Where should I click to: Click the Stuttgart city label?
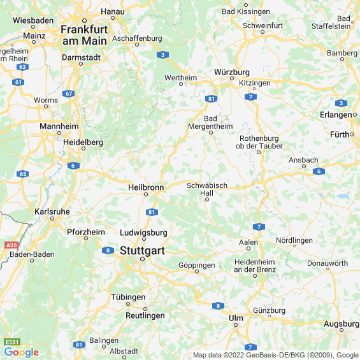tap(141, 251)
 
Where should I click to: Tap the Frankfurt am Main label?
tap(85, 34)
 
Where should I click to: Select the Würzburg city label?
tap(232, 72)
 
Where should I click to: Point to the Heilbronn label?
tap(146, 187)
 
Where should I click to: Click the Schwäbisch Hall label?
tap(206, 189)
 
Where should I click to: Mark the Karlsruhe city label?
tap(52, 212)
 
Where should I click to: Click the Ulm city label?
tap(236, 317)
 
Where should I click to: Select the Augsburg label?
tap(342, 324)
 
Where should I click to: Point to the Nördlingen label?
tap(294, 240)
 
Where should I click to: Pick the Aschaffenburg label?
tap(136, 38)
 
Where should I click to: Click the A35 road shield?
tap(11, 245)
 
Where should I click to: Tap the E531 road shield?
tap(13, 342)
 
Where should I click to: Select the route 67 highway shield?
tap(69, 94)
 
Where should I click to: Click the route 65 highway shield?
tap(24, 173)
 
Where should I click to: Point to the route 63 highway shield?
tap(22, 66)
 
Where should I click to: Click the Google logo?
tap(21, 352)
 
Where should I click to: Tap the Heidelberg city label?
tap(83, 142)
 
